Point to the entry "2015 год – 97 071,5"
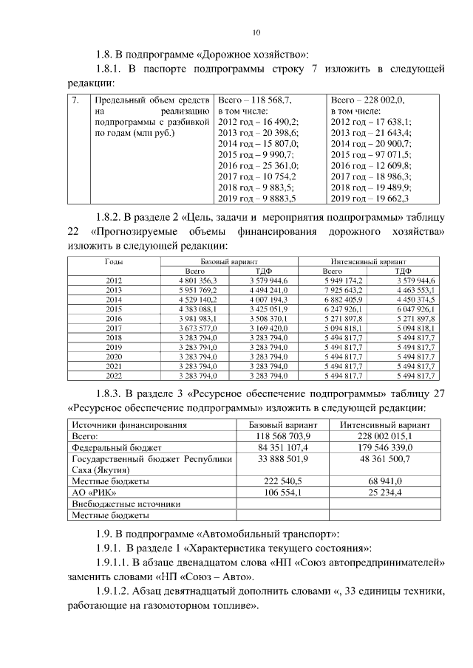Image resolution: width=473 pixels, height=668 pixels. click(371, 154)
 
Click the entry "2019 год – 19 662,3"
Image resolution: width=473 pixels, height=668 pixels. click(370, 199)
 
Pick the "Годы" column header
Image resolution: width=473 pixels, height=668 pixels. click(115, 262)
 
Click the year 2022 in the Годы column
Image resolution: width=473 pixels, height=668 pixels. click(115, 376)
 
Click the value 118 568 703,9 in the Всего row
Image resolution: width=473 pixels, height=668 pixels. click(282, 436)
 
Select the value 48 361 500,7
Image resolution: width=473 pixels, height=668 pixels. click(375, 458)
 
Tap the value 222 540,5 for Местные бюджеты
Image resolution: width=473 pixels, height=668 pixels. click(282, 481)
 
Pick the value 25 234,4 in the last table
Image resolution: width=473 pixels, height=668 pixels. click(375, 492)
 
